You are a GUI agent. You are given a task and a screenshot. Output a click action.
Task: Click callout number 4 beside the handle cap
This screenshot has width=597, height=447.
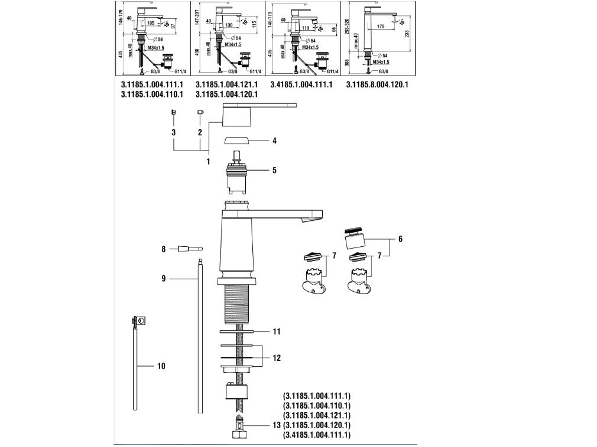click(274, 141)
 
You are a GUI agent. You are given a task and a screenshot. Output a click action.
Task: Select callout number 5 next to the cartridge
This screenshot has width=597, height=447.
click(274, 171)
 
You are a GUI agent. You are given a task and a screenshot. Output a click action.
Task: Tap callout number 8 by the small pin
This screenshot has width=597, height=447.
click(164, 249)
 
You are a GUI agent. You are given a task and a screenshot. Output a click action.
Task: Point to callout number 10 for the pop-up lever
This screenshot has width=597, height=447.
click(161, 366)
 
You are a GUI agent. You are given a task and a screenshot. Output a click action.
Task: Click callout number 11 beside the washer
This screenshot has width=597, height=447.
click(276, 331)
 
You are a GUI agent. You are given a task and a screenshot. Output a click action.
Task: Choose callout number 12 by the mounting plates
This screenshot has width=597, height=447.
click(277, 358)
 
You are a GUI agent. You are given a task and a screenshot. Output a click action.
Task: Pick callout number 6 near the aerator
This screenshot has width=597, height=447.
click(400, 239)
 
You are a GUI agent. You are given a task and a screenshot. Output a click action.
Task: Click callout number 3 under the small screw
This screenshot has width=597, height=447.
click(174, 133)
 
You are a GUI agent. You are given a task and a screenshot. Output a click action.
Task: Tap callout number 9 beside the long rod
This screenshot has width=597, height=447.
click(164, 278)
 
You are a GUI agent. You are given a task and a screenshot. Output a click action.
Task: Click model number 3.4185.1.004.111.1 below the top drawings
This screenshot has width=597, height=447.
click(301, 84)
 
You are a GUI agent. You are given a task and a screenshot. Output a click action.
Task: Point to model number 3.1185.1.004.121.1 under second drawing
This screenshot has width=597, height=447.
click(226, 84)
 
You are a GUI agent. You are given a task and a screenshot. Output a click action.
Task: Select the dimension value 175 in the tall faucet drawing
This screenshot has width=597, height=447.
click(381, 27)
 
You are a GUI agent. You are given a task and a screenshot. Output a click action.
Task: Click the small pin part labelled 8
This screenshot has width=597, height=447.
click(189, 249)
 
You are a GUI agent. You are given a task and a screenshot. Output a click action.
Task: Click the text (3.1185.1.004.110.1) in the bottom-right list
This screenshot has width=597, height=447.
click(317, 406)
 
